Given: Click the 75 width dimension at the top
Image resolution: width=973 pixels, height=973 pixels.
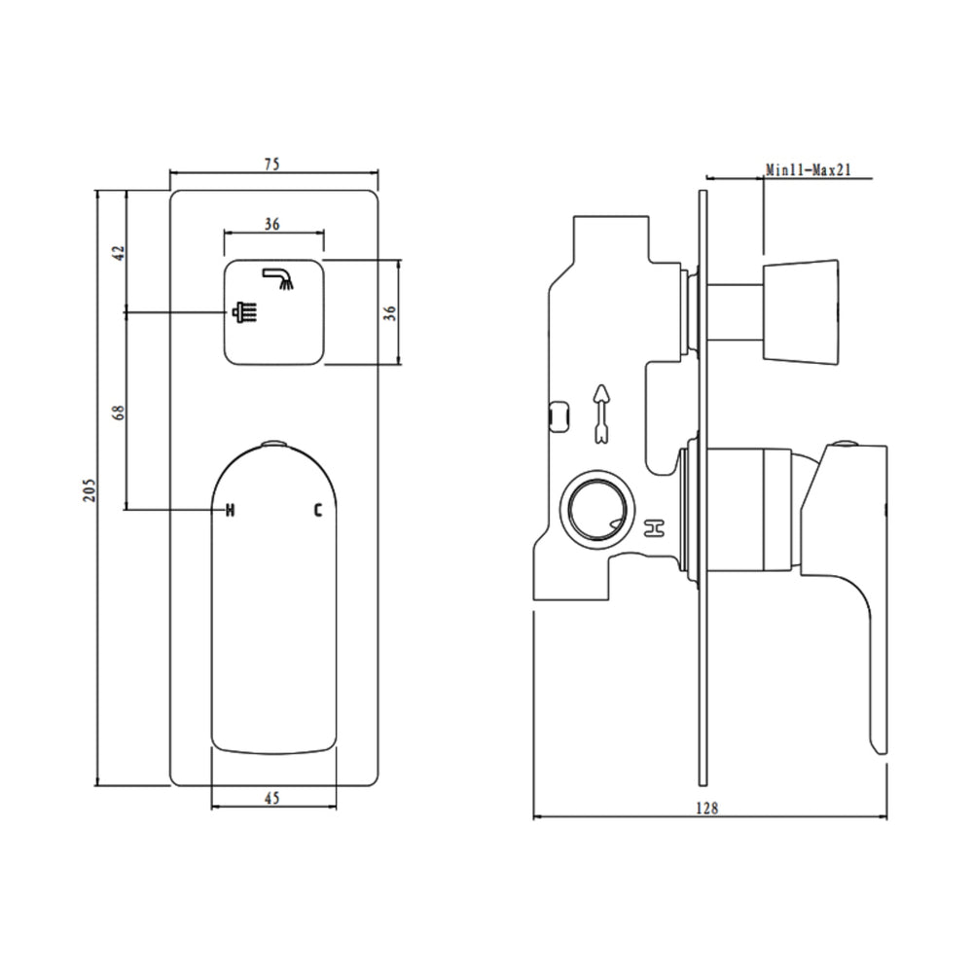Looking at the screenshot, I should (x=272, y=164).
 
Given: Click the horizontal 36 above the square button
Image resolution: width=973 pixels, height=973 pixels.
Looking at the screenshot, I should (x=272, y=224).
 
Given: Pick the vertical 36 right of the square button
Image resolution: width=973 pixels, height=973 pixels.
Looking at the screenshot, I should (x=390, y=312).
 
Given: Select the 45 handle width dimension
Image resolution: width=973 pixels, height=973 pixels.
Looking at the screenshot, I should (x=272, y=798).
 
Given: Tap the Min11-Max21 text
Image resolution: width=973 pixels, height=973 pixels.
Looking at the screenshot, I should (x=809, y=169).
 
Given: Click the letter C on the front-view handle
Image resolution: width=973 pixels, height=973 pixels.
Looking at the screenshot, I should (x=317, y=509).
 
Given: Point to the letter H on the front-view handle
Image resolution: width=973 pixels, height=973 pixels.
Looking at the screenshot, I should (x=231, y=509).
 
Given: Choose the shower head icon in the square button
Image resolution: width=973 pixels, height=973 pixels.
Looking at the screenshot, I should (x=243, y=312).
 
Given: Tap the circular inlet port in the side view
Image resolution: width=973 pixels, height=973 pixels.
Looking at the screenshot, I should (x=594, y=508).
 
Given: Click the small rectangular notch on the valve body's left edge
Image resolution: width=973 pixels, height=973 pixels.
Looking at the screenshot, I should (x=559, y=414).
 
